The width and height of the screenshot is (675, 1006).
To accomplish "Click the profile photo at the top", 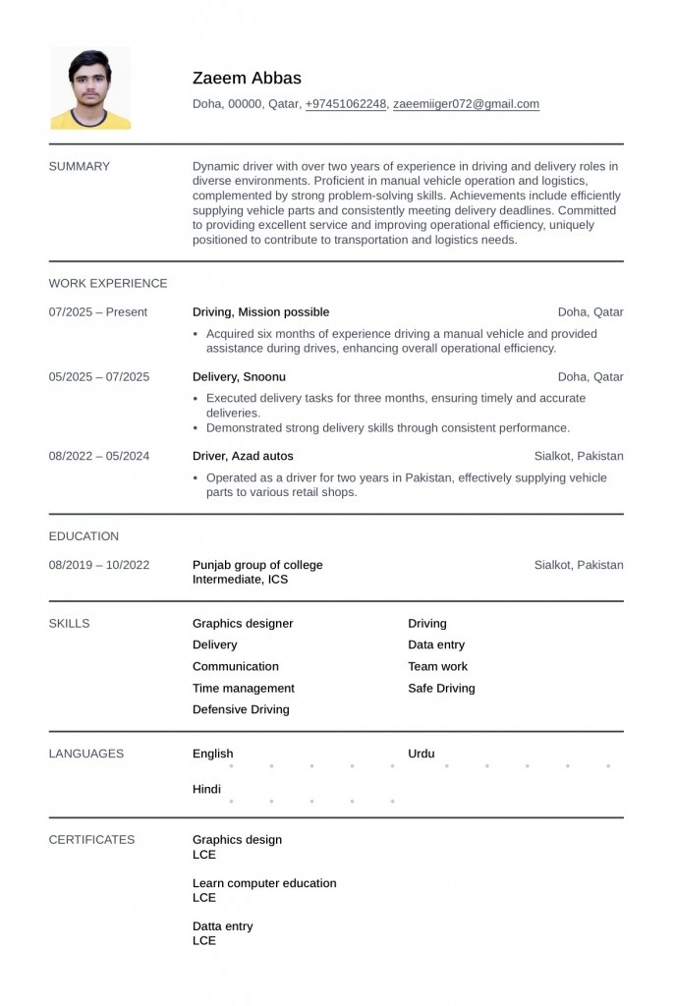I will tap(90, 89).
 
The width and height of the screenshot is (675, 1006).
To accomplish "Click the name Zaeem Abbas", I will tap(247, 79).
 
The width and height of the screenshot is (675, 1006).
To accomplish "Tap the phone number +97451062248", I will tap(346, 104).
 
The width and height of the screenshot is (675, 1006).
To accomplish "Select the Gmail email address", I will tap(466, 104).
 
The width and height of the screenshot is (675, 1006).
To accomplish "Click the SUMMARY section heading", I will tap(80, 166).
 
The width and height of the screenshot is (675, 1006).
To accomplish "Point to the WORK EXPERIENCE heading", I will tap(108, 283).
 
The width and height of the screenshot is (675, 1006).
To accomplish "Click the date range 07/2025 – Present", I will tap(98, 312).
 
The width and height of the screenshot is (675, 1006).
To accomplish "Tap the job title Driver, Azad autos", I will tap(243, 456).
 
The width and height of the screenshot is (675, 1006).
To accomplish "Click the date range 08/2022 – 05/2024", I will tap(99, 456).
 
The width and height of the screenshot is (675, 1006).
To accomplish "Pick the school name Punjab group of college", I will tap(257, 565).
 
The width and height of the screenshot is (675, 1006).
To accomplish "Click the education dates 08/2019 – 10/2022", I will tap(99, 565).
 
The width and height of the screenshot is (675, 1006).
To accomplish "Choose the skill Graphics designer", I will tap(243, 624).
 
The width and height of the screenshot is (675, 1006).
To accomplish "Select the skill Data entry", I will tap(436, 645).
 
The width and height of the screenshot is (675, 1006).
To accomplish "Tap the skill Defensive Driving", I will tap(241, 709).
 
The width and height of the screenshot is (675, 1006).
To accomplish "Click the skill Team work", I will tap(437, 666).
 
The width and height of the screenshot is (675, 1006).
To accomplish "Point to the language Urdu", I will tap(422, 754).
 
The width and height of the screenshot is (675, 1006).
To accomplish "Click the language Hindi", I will tap(206, 790).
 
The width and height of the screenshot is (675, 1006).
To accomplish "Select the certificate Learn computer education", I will tap(264, 883).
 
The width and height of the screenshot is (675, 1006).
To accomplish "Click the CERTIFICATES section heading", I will tap(92, 840).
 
